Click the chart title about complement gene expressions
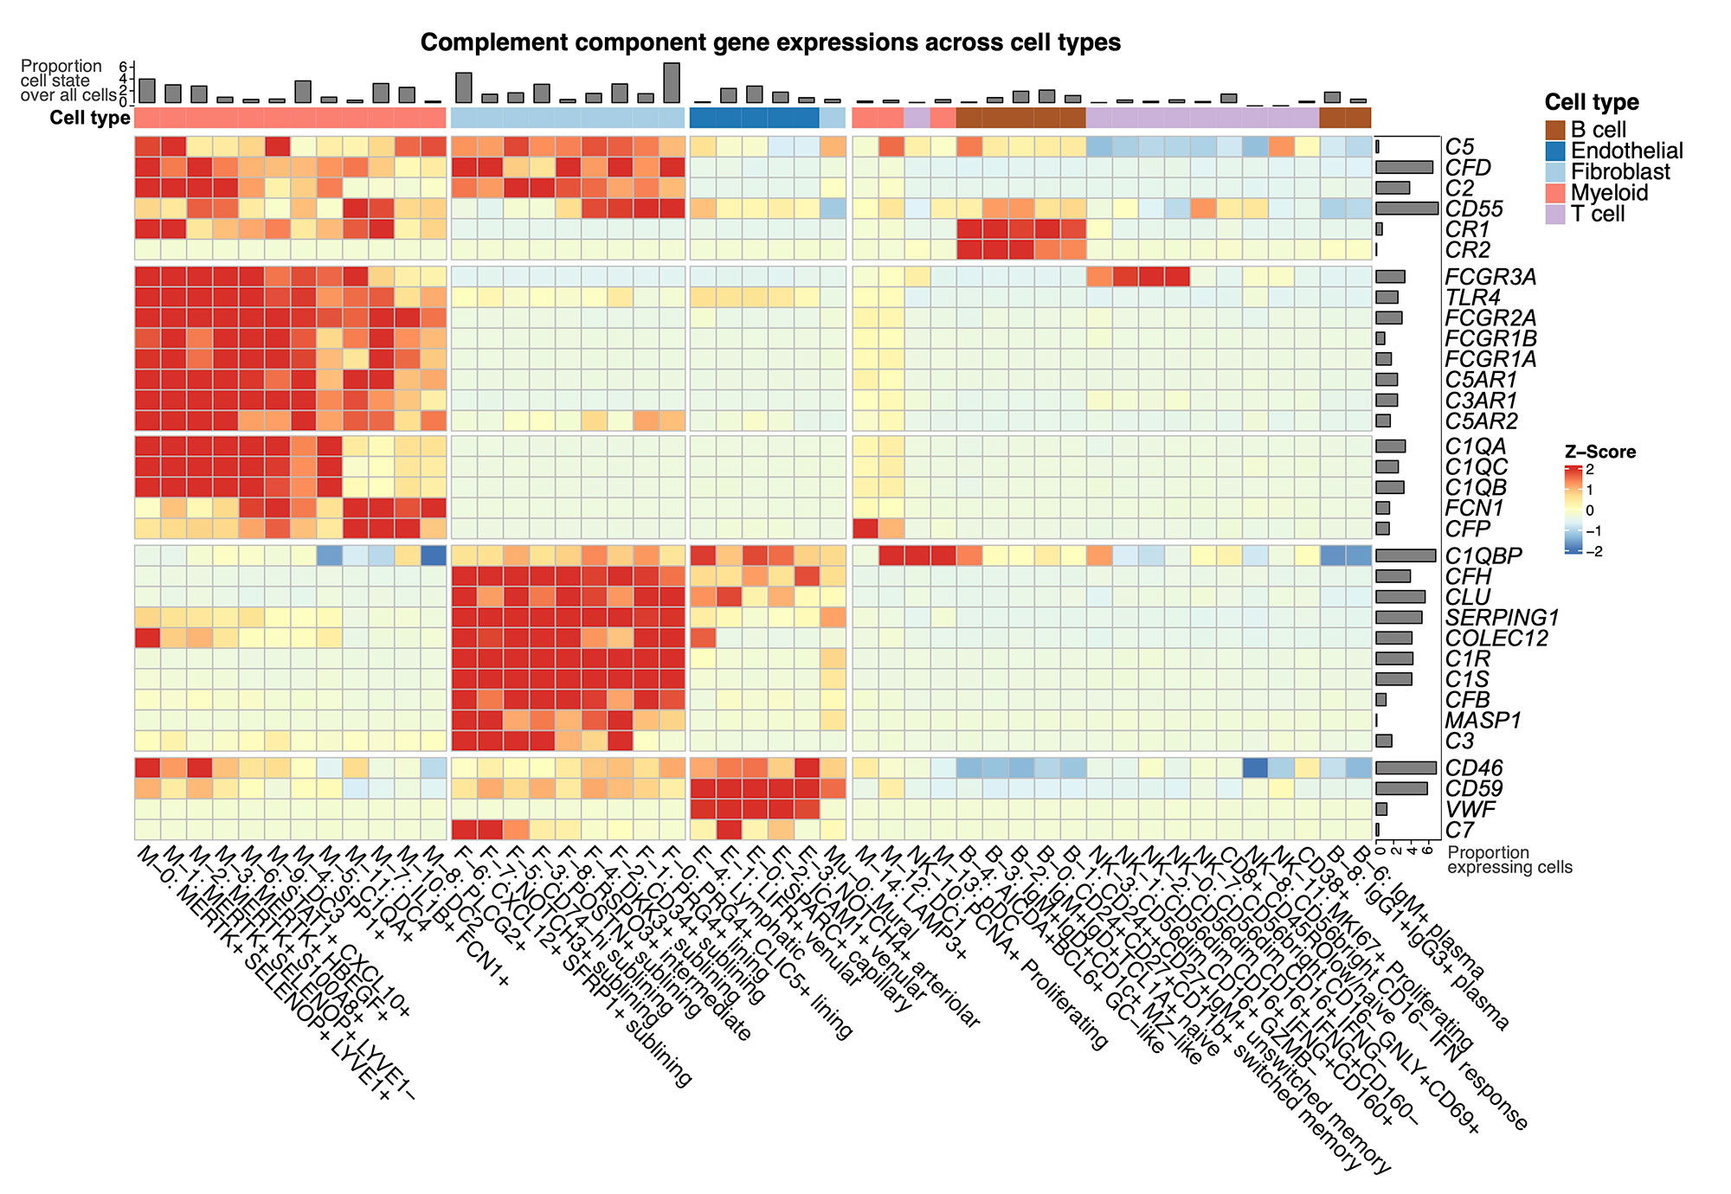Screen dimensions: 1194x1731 (769, 42)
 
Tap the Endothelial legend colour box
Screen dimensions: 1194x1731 (1556, 151)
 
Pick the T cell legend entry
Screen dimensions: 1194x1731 (1556, 215)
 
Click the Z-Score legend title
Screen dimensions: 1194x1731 (1600, 452)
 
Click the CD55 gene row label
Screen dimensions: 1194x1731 (1474, 209)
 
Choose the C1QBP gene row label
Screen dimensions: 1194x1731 (1483, 555)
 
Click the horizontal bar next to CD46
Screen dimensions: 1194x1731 (1406, 768)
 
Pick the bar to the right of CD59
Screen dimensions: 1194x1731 (1401, 789)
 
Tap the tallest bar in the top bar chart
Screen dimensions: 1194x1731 (672, 83)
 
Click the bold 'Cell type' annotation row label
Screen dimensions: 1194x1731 (90, 118)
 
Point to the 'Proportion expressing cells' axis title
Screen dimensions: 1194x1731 (1509, 860)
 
